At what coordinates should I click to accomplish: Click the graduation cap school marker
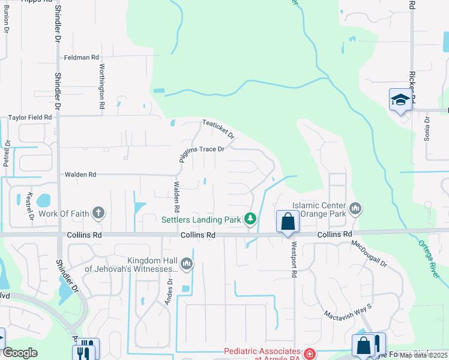(x=399, y=100)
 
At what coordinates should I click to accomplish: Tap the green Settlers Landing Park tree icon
(x=250, y=220)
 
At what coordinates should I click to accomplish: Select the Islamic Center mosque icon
(x=355, y=209)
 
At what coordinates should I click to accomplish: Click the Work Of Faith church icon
(x=98, y=213)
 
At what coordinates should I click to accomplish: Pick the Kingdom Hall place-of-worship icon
(x=187, y=263)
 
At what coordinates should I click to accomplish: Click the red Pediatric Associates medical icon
(x=309, y=354)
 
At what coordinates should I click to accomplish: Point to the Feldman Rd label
(x=82, y=58)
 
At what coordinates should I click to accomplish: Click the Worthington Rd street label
(x=102, y=86)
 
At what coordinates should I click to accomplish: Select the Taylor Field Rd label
(x=29, y=118)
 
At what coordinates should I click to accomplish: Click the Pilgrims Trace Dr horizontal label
(x=204, y=149)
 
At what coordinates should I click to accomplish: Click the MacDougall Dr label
(x=370, y=254)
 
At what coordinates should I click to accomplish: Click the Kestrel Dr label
(x=29, y=205)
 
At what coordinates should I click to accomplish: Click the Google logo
(x=20, y=353)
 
